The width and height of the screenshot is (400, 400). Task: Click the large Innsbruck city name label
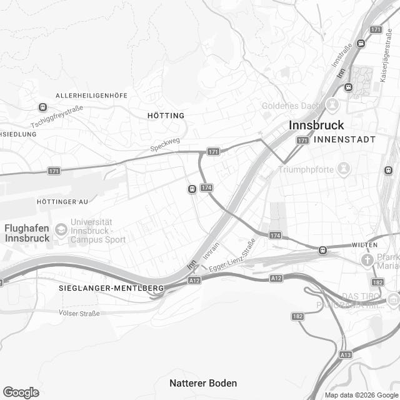click(x=316, y=125)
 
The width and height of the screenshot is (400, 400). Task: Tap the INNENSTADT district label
click(x=345, y=139)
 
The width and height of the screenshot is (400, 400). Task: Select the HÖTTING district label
click(x=166, y=116)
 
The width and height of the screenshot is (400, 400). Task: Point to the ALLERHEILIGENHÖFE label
click(x=91, y=95)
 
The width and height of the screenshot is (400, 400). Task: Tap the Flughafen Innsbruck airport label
click(x=27, y=233)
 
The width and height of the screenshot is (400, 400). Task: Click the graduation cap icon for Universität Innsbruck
click(x=61, y=230)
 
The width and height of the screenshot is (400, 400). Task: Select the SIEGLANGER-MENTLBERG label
click(x=111, y=287)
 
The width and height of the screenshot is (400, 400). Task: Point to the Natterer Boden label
click(x=203, y=382)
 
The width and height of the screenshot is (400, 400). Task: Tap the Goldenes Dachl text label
click(x=290, y=105)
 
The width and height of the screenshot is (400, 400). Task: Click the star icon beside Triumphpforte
click(x=343, y=169)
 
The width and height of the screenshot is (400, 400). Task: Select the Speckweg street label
click(x=164, y=146)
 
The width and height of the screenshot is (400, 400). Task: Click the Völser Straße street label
click(x=79, y=312)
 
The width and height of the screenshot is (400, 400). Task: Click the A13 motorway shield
click(x=345, y=354)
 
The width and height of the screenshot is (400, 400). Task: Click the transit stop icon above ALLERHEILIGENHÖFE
click(x=42, y=107)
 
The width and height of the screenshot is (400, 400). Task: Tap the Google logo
click(x=21, y=392)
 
